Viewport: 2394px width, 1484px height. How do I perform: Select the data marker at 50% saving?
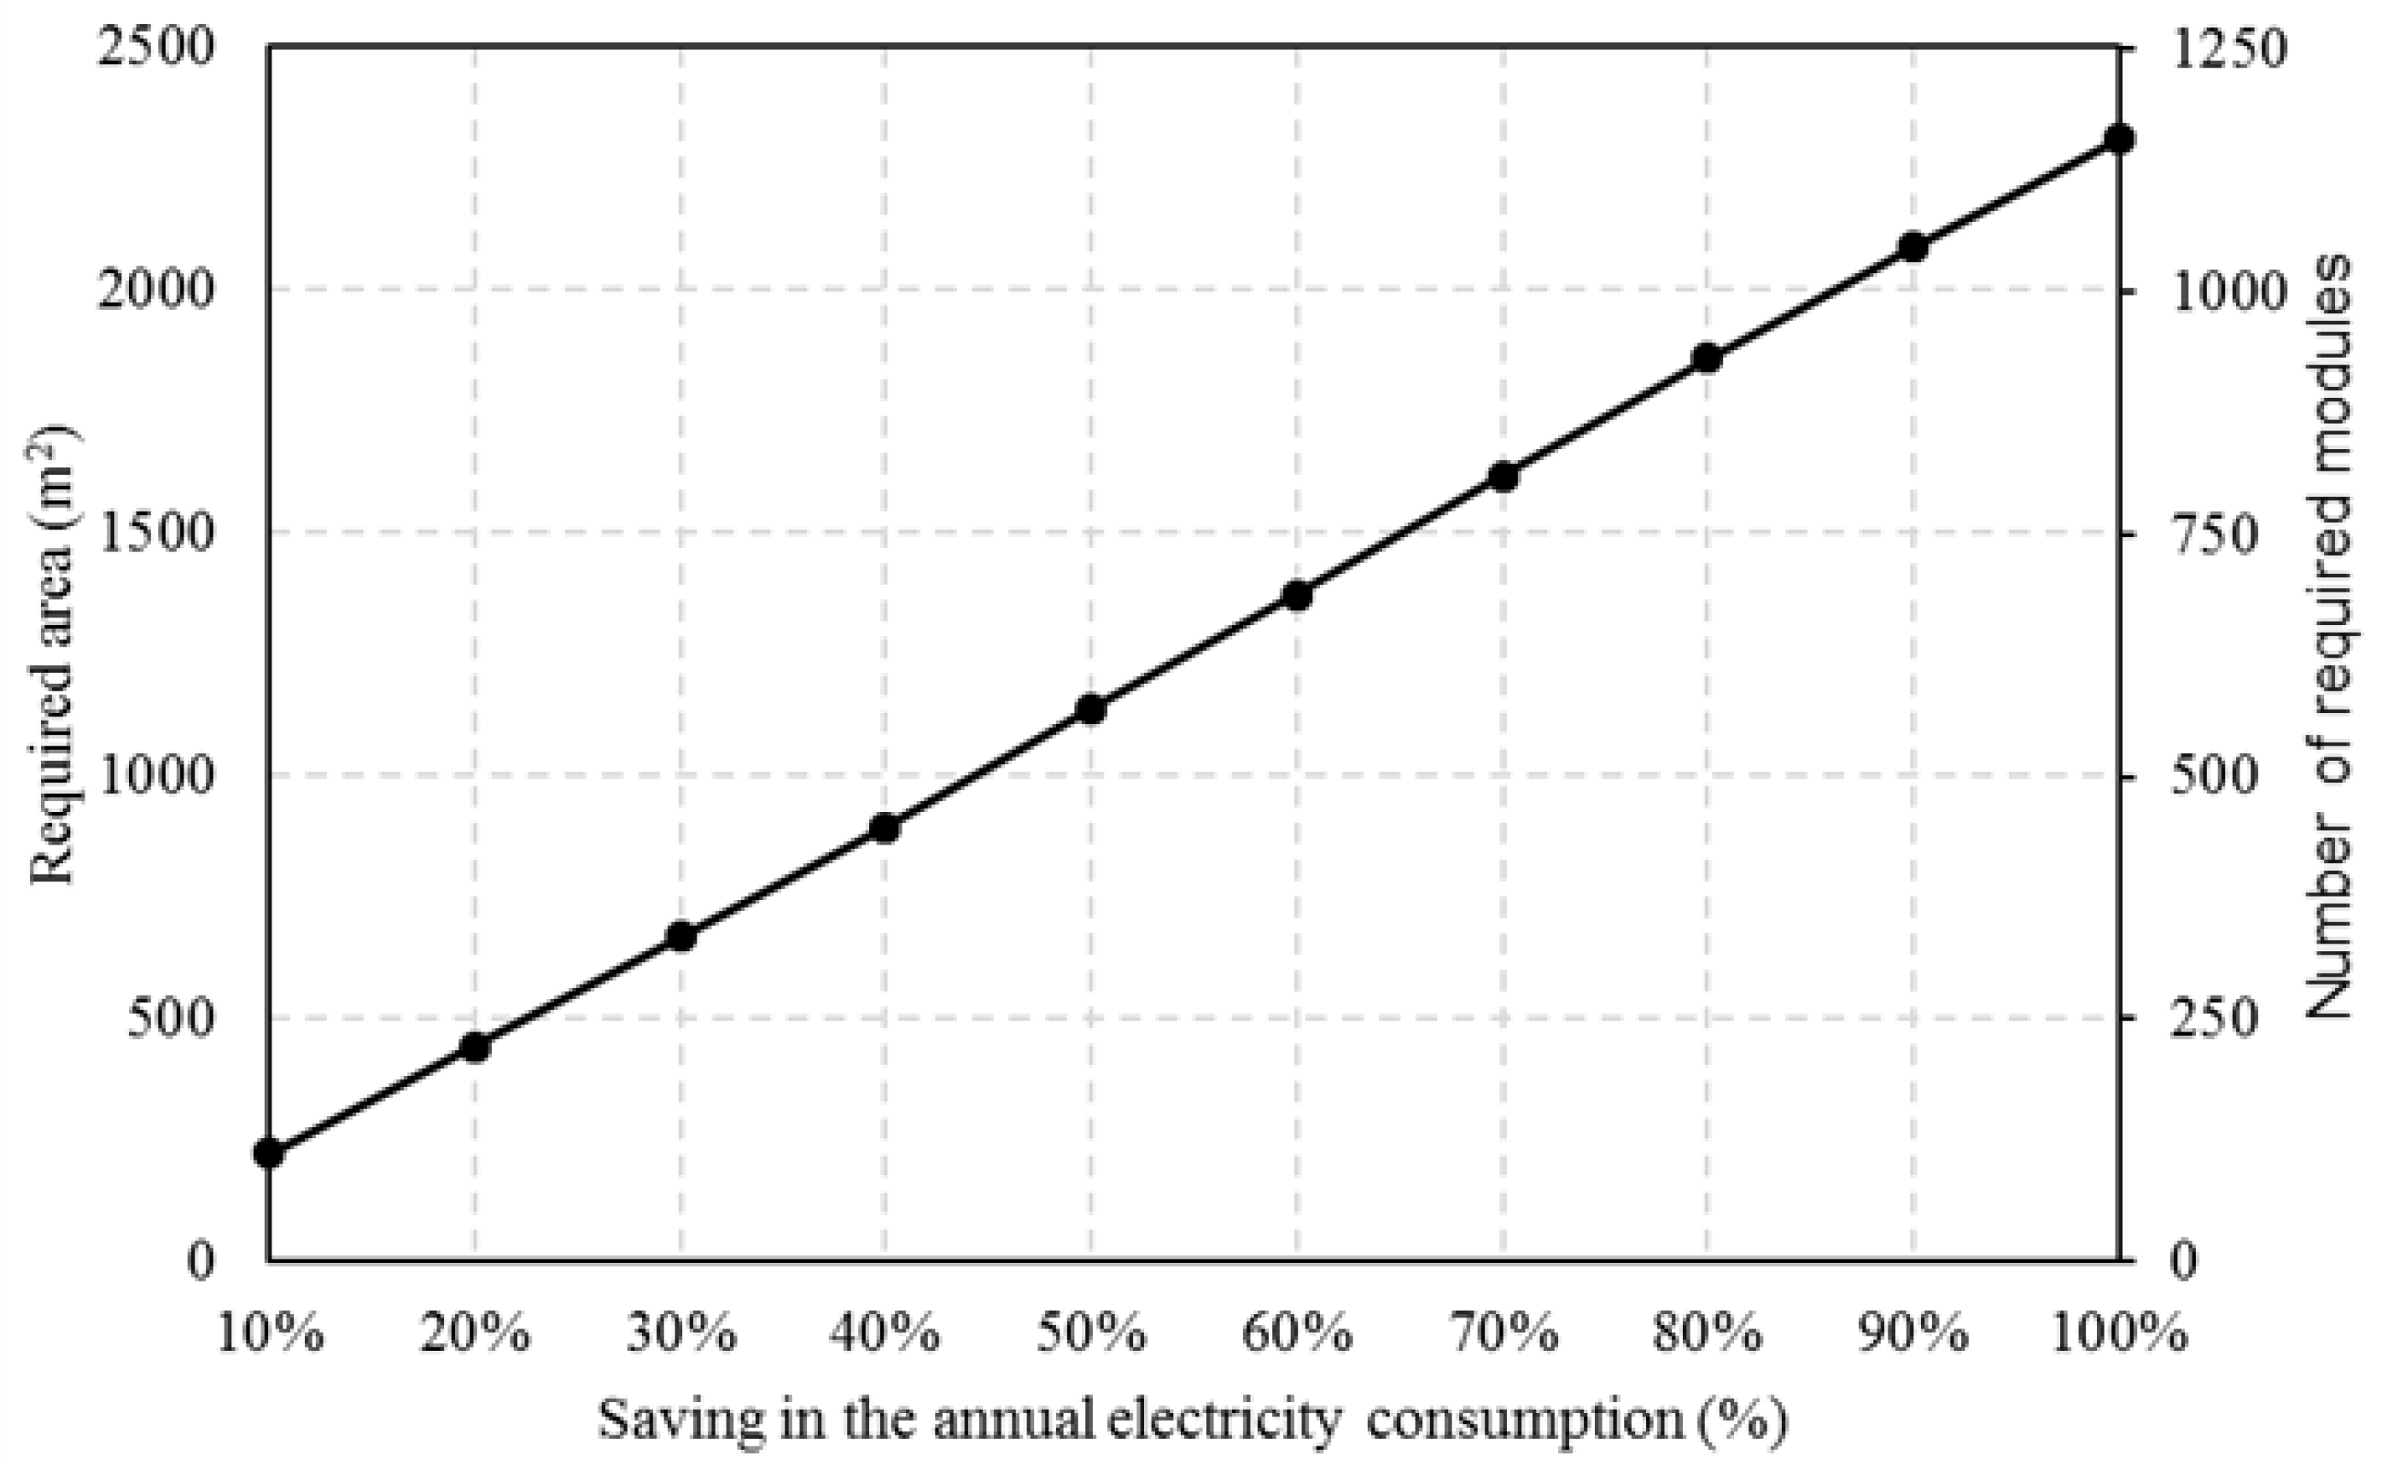click(x=1091, y=709)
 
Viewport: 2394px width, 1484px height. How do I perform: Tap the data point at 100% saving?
click(x=2119, y=138)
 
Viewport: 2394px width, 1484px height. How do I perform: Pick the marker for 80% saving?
click(x=1708, y=359)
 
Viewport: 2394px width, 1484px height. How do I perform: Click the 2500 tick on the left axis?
click(x=155, y=47)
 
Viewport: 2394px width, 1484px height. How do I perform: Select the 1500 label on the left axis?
click(x=155, y=533)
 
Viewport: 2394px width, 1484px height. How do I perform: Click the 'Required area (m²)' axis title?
click(x=51, y=655)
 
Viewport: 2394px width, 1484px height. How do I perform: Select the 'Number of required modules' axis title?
click(x=2327, y=638)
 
